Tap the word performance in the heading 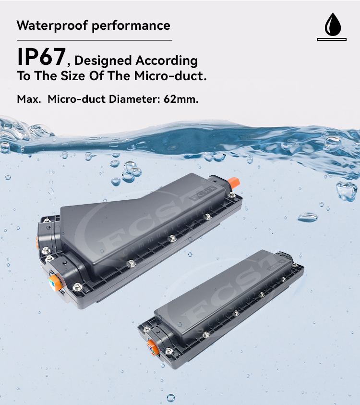click(x=131, y=25)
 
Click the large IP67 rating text click(x=41, y=57)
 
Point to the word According click(x=166, y=61)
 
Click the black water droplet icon click(x=332, y=24)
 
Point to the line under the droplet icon click(x=332, y=39)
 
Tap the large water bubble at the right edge click(x=346, y=191)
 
